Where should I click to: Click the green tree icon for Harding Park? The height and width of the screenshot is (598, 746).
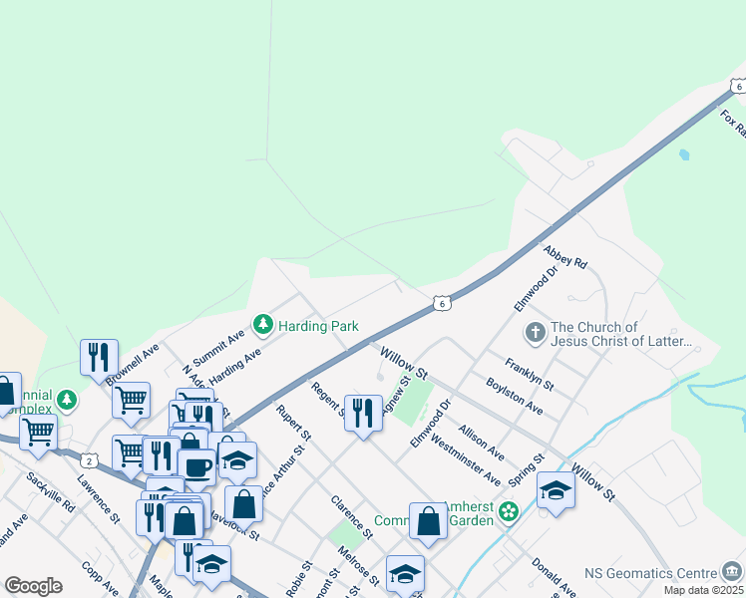point(263,324)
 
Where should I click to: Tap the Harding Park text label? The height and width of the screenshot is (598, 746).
point(318,326)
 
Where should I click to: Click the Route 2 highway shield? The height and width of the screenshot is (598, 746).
point(91,460)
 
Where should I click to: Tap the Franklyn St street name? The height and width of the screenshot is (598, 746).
point(529,373)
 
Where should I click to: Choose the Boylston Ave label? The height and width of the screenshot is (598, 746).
point(514,395)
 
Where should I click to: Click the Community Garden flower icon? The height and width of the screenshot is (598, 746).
point(509,512)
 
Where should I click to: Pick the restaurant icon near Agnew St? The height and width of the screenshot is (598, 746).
point(363,412)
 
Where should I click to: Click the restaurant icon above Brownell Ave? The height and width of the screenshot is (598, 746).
point(99,356)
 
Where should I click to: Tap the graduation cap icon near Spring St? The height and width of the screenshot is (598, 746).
point(556,489)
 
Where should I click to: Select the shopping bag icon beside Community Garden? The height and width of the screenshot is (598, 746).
point(428,519)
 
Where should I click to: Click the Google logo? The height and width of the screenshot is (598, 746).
point(33,586)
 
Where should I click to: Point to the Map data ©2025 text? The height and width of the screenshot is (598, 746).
point(703,590)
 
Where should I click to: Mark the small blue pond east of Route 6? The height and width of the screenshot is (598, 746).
point(683,155)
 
